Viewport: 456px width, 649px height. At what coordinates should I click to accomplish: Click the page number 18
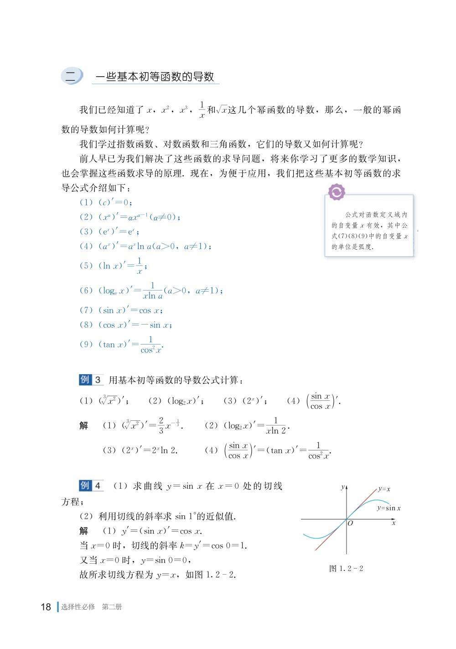[x=46, y=607]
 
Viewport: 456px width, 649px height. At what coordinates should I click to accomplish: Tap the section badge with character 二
[x=71, y=76]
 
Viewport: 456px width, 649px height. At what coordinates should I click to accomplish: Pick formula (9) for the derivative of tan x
[x=121, y=345]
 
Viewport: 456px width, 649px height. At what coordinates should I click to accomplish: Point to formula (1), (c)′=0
[x=106, y=202]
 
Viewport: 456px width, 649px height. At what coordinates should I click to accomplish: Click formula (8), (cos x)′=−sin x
[x=126, y=325]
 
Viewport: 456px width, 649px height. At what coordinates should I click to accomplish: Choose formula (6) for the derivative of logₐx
[x=151, y=291]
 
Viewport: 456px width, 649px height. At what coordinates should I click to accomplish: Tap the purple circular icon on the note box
[x=337, y=192]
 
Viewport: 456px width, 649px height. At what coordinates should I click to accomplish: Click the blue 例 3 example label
[x=92, y=380]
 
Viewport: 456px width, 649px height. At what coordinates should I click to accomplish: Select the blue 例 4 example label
[x=92, y=486]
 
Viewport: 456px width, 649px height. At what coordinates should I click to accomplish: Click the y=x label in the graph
[x=384, y=489]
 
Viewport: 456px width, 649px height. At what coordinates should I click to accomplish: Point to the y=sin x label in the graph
[x=389, y=508]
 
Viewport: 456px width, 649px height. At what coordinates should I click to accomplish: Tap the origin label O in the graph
[x=350, y=523]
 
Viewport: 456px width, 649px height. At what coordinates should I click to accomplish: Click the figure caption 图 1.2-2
[x=346, y=568]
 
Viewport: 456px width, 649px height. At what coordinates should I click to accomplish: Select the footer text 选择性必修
[x=78, y=607]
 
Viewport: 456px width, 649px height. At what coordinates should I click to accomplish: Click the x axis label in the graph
[x=394, y=523]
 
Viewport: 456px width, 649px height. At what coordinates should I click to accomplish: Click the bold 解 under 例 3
[x=84, y=425]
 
